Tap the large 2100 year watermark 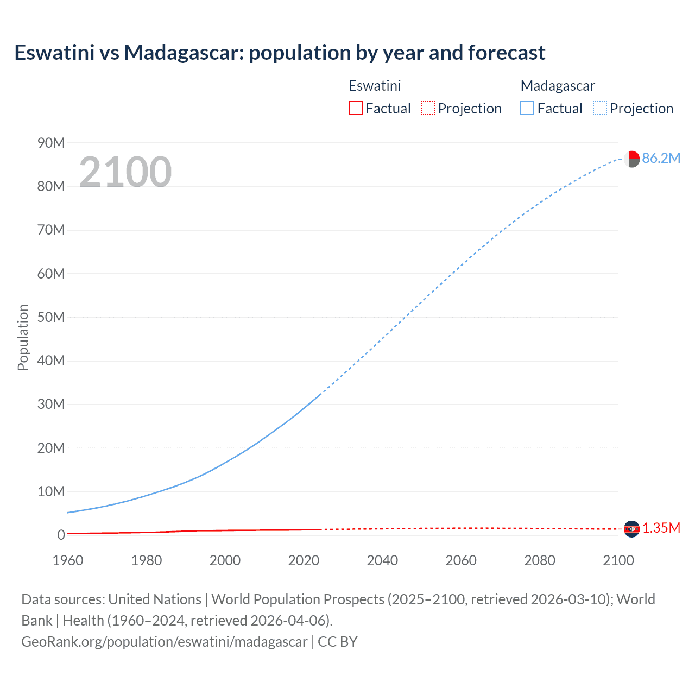tap(125, 172)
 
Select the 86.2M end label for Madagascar tap(661, 158)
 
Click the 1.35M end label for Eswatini tap(661, 528)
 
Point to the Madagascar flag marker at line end tap(631, 159)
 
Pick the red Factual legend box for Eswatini tap(355, 109)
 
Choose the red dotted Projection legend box tap(428, 109)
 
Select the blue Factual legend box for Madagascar tap(527, 109)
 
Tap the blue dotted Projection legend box tap(599, 109)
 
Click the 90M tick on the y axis tap(51, 143)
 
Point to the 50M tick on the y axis tap(51, 317)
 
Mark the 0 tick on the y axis tap(61, 535)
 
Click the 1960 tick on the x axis tap(68, 560)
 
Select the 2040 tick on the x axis tap(382, 560)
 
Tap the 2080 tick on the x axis tap(540, 560)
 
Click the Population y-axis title tap(23, 337)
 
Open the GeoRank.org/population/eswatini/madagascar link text tap(164, 642)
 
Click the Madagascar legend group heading tap(558, 86)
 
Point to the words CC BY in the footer tap(337, 642)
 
